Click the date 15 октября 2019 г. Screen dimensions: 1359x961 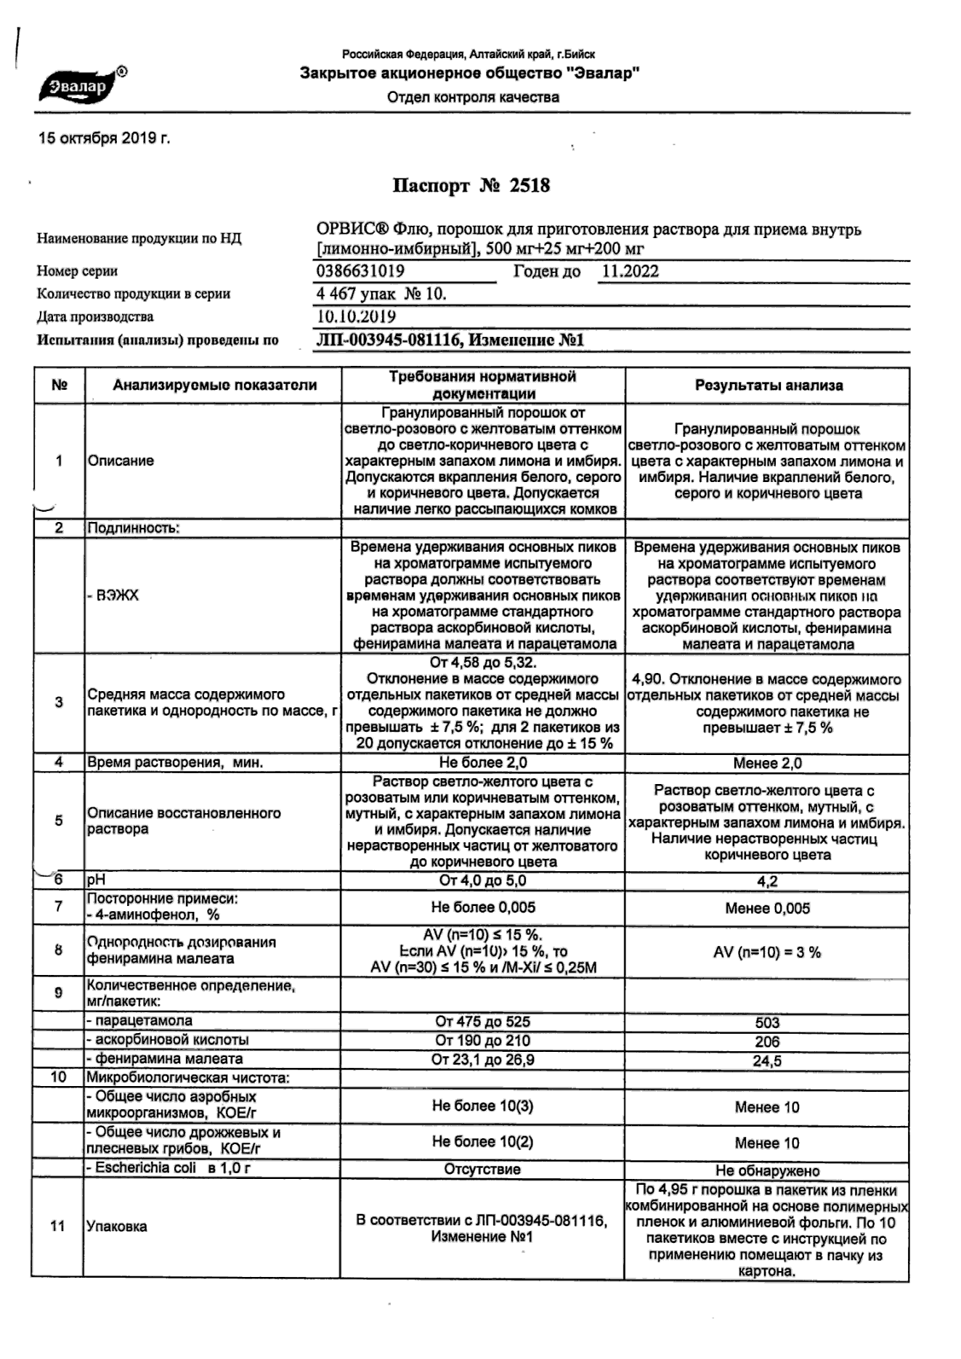click(x=104, y=139)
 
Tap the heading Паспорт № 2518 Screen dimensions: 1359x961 click(x=471, y=186)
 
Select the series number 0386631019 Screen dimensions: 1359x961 click(x=361, y=272)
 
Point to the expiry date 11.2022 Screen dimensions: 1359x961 click(x=630, y=272)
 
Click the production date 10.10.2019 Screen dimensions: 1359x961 click(x=357, y=317)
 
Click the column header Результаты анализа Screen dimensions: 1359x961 click(x=769, y=385)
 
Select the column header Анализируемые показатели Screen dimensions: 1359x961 click(x=214, y=385)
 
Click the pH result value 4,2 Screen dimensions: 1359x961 click(x=767, y=882)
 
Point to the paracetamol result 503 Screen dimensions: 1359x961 click(x=767, y=1023)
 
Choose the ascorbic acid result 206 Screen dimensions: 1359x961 click(x=767, y=1042)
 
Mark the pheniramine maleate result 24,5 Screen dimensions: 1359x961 click(x=767, y=1061)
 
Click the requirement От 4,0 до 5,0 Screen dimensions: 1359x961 click(x=483, y=881)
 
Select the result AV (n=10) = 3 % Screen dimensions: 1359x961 click(x=767, y=952)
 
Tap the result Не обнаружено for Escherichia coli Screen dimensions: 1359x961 click(x=767, y=1171)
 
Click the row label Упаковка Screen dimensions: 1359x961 click(x=117, y=1227)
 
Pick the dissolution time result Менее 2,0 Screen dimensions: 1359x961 click(x=767, y=763)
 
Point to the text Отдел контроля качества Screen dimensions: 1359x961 click(x=473, y=97)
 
